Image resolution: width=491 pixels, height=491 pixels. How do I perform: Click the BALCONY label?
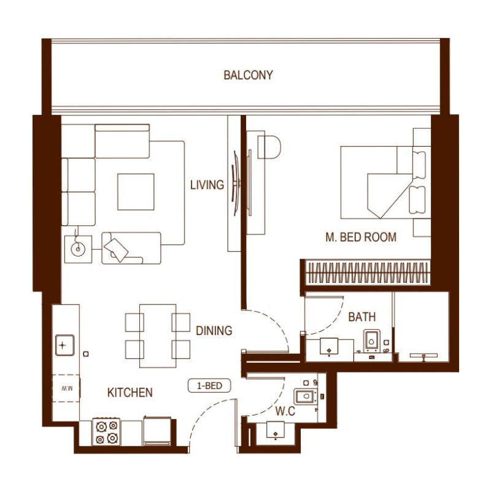(248, 75)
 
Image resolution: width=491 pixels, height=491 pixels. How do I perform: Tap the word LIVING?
(207, 185)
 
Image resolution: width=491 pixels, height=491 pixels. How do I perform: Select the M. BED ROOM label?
(361, 237)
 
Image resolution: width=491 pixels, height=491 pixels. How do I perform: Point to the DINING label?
(214, 331)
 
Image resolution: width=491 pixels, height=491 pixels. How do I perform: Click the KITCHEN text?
(130, 392)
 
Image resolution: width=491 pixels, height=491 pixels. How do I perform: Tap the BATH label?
(361, 317)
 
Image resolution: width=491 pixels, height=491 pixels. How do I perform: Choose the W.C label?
(285, 411)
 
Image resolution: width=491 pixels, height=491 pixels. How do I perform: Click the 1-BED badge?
(209, 386)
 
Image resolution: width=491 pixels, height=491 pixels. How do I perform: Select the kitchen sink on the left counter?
(64, 345)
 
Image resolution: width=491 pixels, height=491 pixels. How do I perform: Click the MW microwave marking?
(66, 388)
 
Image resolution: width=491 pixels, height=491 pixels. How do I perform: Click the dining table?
(158, 336)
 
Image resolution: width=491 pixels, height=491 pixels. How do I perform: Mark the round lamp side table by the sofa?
(78, 249)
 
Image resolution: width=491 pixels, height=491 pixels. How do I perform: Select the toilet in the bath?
(373, 340)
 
